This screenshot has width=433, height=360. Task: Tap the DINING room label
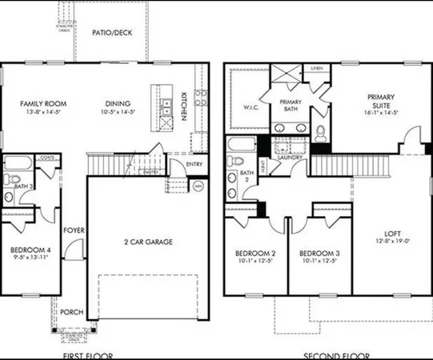(x=117, y=104)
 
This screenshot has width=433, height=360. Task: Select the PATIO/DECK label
(x=110, y=33)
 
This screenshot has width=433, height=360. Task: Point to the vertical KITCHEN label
(x=184, y=106)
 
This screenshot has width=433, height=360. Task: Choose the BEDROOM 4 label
(x=31, y=250)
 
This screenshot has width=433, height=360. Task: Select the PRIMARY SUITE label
(x=382, y=98)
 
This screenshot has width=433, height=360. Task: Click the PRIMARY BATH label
(x=294, y=106)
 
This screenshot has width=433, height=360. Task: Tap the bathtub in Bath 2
(x=241, y=146)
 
